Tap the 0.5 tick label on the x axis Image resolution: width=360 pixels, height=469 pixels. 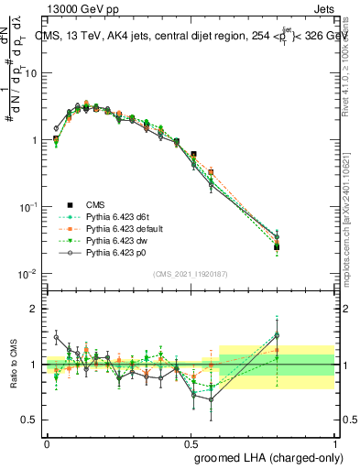coord(191,442)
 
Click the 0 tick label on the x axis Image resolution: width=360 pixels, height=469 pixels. coord(47,442)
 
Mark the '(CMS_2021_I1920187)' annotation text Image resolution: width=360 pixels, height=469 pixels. coord(191,275)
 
